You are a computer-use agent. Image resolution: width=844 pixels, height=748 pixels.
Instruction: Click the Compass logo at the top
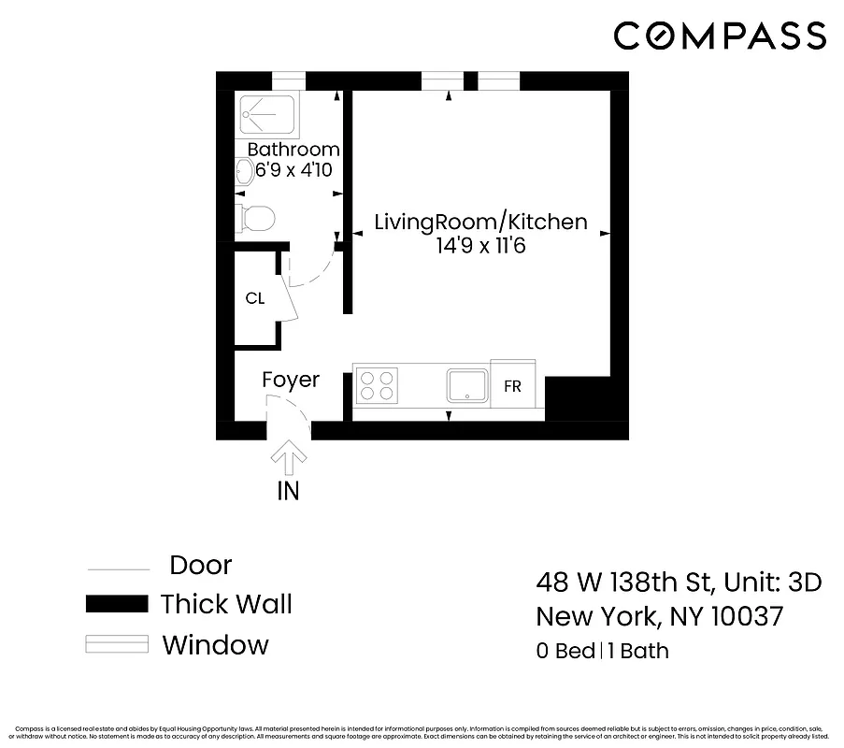[720, 36]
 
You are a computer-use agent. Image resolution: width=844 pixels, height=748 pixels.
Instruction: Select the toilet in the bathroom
[254, 219]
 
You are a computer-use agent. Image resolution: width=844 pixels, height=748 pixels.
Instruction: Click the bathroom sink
[244, 170]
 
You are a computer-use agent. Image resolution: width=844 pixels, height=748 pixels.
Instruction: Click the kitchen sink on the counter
[466, 385]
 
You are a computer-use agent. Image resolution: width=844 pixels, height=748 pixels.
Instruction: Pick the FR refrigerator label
[512, 386]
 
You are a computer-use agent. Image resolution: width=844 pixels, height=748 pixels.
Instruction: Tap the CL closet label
[254, 299]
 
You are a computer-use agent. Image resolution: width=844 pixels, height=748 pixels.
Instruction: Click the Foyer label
[290, 380]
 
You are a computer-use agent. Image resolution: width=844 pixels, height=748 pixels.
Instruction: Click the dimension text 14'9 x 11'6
[480, 247]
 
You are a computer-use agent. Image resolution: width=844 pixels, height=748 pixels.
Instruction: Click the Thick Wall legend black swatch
[117, 604]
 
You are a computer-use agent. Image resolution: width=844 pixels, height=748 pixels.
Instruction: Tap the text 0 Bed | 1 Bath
[603, 651]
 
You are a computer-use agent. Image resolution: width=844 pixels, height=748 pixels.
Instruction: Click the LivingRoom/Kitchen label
[480, 222]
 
